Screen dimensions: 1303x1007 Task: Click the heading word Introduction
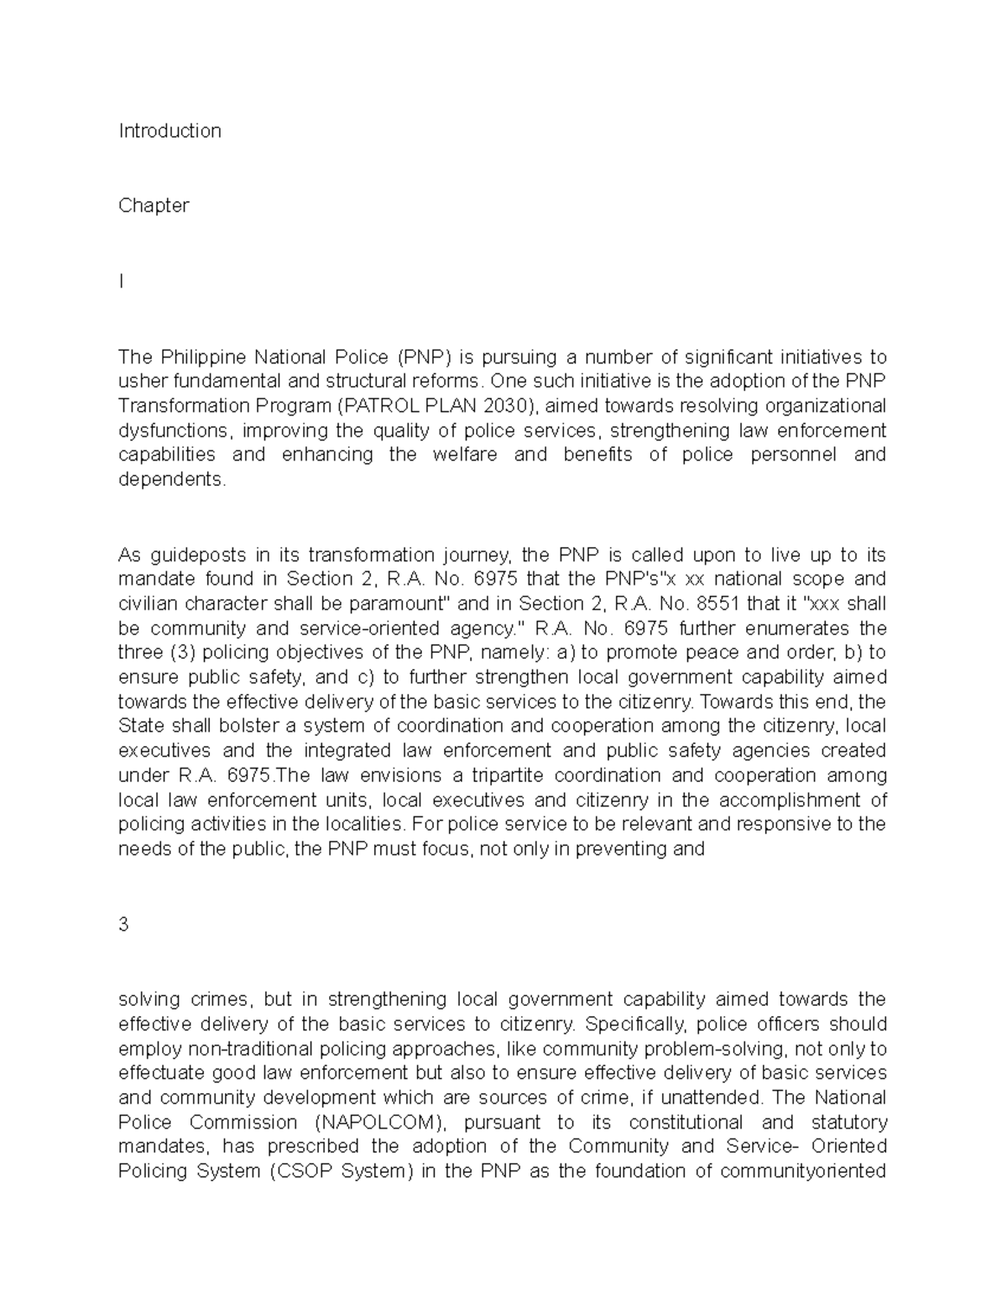click(170, 131)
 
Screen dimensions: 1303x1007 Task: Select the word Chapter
click(154, 206)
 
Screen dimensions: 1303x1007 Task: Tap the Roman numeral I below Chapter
click(122, 282)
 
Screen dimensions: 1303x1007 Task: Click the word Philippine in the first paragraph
click(205, 357)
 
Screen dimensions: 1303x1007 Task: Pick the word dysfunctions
click(172, 431)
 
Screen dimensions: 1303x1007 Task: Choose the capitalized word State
click(141, 726)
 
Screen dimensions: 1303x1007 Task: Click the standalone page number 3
click(123, 925)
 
